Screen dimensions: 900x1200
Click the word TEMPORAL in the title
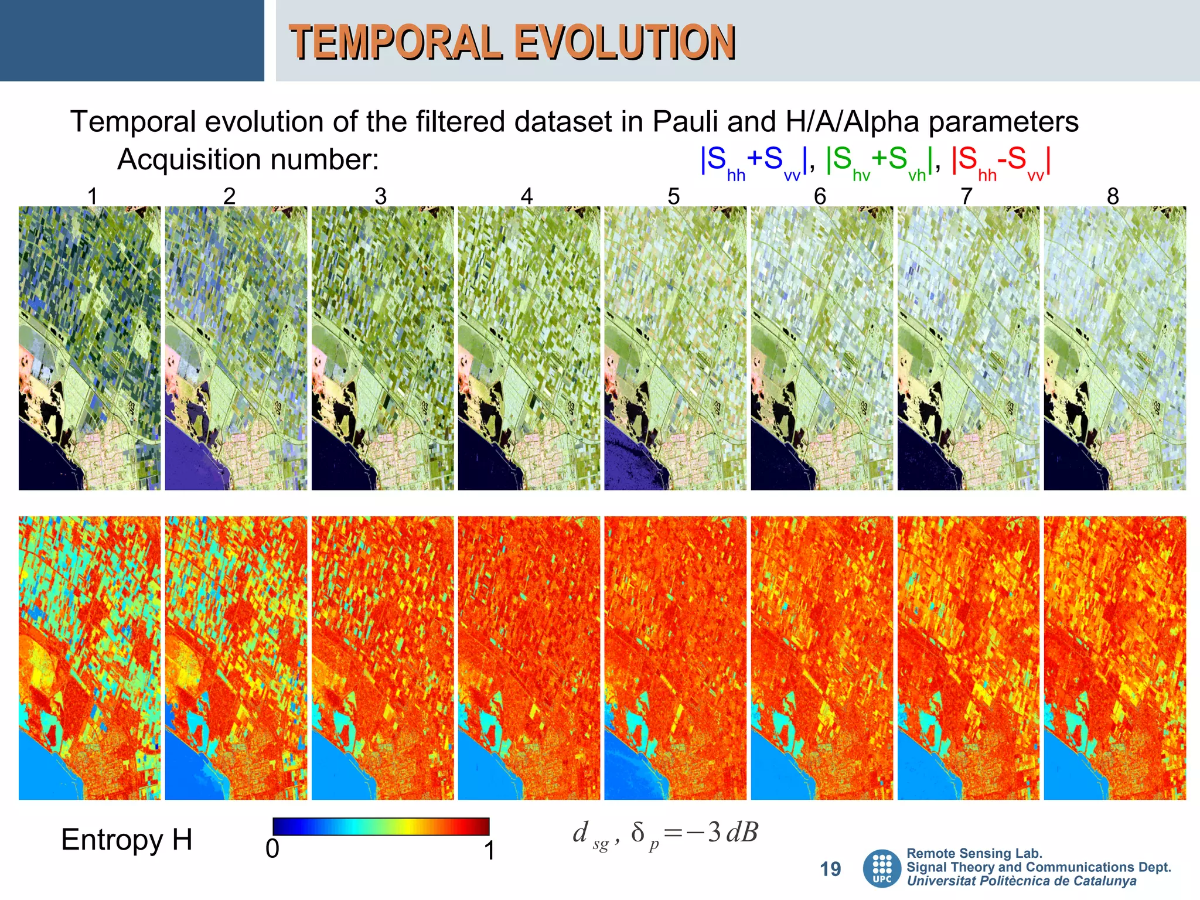coord(396,43)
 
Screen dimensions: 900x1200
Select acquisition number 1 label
coord(92,196)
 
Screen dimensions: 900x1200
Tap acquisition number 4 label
coord(527,196)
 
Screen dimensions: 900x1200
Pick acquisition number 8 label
coord(1113,196)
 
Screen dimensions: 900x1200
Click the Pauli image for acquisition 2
coord(236,348)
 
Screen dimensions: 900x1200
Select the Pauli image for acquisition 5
coord(675,348)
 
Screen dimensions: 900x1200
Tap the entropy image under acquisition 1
coord(90,657)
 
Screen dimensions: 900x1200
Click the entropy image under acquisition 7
coord(968,657)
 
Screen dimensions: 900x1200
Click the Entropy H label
coord(127,840)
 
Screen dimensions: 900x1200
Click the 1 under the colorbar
coord(490,850)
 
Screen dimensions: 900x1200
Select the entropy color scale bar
coord(381,826)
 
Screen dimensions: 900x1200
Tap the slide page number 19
coord(830,869)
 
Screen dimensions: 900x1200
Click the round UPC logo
coord(882,868)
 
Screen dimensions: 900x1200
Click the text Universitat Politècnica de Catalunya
coord(1021,881)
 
